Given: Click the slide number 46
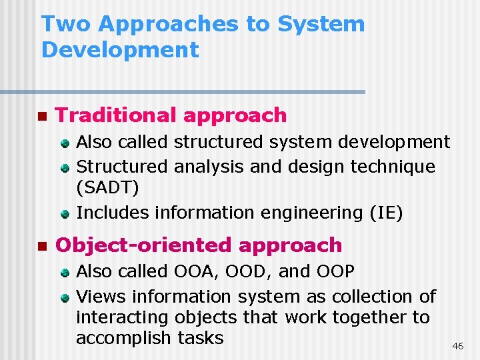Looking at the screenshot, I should point(458,346).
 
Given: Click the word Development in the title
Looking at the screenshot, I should point(120,50).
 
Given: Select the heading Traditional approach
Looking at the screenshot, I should point(171,115).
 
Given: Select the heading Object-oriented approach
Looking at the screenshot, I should point(199,245).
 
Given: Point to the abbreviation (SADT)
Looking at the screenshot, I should point(109,188).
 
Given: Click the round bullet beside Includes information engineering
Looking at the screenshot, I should point(65,214).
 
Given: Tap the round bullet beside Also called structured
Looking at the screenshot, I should point(65,143).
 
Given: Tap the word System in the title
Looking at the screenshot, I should point(321,24).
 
